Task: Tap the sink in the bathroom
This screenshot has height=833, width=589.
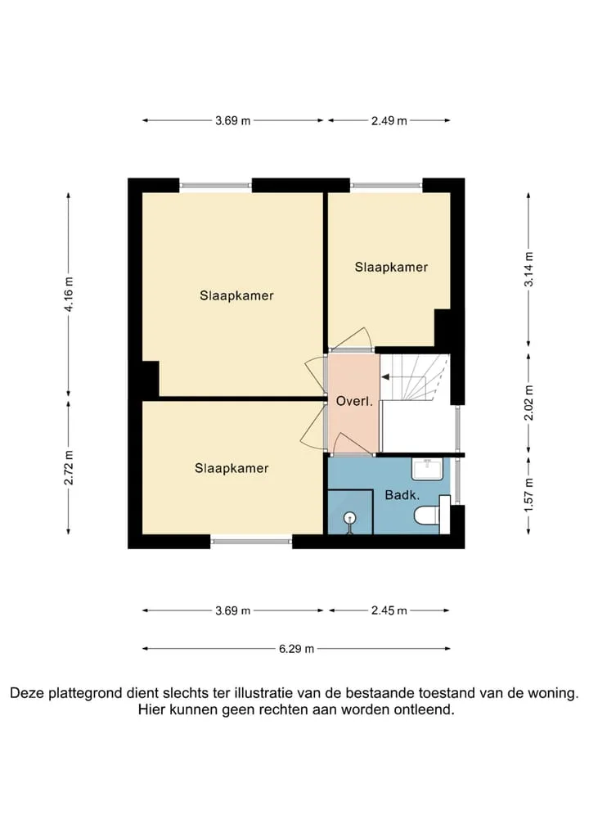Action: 427,469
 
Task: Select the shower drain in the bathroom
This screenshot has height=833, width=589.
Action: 349,517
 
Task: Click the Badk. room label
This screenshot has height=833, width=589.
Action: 402,495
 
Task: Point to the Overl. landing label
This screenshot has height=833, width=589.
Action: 354,401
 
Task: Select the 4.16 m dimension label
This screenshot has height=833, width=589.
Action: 69,295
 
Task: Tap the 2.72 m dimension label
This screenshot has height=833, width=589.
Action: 69,467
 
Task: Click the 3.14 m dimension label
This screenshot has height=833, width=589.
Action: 528,269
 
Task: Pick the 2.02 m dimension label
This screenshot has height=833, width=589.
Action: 528,403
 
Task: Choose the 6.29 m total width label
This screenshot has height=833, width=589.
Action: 296,649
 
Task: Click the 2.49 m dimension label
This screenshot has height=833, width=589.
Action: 389,120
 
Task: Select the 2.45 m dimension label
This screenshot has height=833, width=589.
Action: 389,610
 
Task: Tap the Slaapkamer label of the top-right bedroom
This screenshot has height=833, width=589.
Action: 391,267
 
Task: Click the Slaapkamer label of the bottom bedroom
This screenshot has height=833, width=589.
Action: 232,468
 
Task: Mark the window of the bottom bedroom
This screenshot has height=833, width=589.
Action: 251,542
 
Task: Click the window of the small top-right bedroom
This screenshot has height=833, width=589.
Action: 386,186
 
